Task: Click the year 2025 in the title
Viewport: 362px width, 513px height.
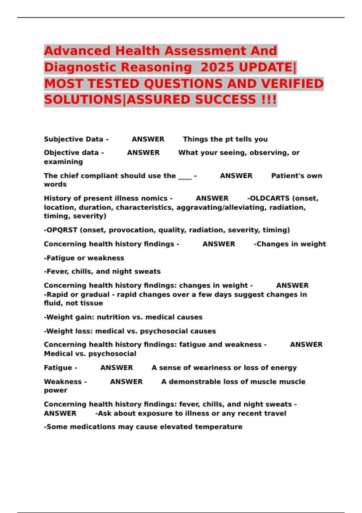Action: tap(217, 67)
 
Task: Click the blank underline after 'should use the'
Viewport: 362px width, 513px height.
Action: tap(185, 176)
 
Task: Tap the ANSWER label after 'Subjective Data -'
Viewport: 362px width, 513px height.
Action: tap(148, 139)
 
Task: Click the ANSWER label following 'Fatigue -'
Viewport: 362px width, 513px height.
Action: tap(116, 368)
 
